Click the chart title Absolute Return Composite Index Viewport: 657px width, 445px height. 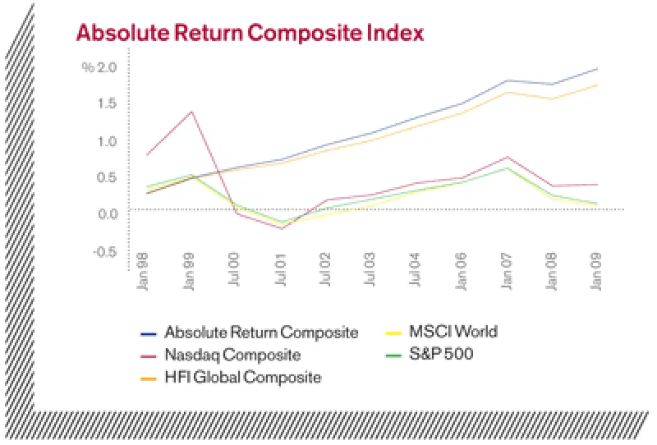(250, 34)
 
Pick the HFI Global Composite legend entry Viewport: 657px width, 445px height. (242, 378)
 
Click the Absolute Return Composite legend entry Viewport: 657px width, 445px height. (260, 333)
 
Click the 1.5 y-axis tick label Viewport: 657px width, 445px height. (108, 103)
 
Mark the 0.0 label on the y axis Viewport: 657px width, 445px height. (108, 213)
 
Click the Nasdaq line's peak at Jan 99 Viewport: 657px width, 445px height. (191, 112)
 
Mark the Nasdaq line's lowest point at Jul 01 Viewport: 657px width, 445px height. (282, 228)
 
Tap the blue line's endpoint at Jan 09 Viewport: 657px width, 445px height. (597, 68)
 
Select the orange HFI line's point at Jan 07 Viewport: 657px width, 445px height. (508, 92)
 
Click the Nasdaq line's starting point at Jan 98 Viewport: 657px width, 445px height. (146, 155)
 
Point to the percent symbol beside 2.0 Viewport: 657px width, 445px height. (87, 67)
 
